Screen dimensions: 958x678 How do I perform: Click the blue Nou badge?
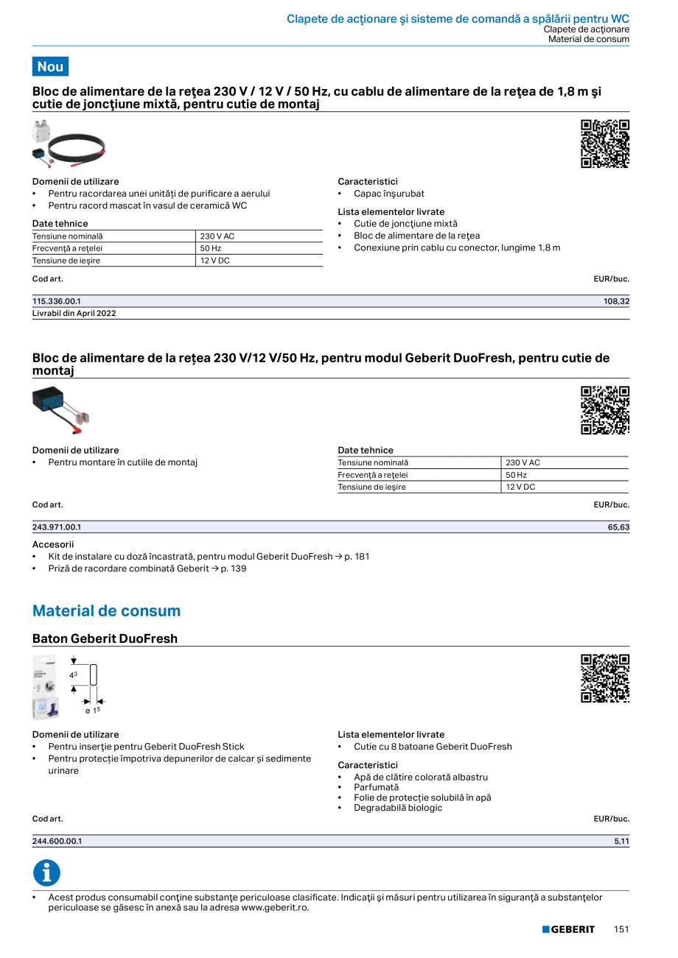(x=50, y=66)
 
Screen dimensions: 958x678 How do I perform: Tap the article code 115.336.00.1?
(x=57, y=301)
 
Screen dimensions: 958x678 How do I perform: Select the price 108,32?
(x=616, y=301)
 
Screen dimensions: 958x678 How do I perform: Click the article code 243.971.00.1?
(x=57, y=527)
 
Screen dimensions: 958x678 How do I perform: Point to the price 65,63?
(x=618, y=527)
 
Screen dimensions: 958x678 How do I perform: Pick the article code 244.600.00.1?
(x=57, y=841)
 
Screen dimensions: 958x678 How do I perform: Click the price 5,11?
(x=621, y=841)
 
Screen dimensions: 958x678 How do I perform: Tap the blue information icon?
(x=46, y=873)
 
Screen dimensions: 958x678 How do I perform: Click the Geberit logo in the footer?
(x=568, y=929)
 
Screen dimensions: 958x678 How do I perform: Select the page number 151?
(x=621, y=929)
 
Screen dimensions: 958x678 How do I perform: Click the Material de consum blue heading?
(x=106, y=610)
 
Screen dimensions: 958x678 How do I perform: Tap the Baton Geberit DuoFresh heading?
(x=105, y=638)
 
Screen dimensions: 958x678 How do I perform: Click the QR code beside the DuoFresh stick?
(x=605, y=678)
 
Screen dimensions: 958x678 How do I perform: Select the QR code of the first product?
(x=605, y=144)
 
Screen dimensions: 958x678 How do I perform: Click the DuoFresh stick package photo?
(x=45, y=687)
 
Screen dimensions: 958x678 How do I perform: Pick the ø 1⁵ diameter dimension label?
(x=92, y=710)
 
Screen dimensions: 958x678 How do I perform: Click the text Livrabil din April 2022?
(x=74, y=313)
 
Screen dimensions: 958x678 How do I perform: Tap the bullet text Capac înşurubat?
(x=388, y=194)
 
